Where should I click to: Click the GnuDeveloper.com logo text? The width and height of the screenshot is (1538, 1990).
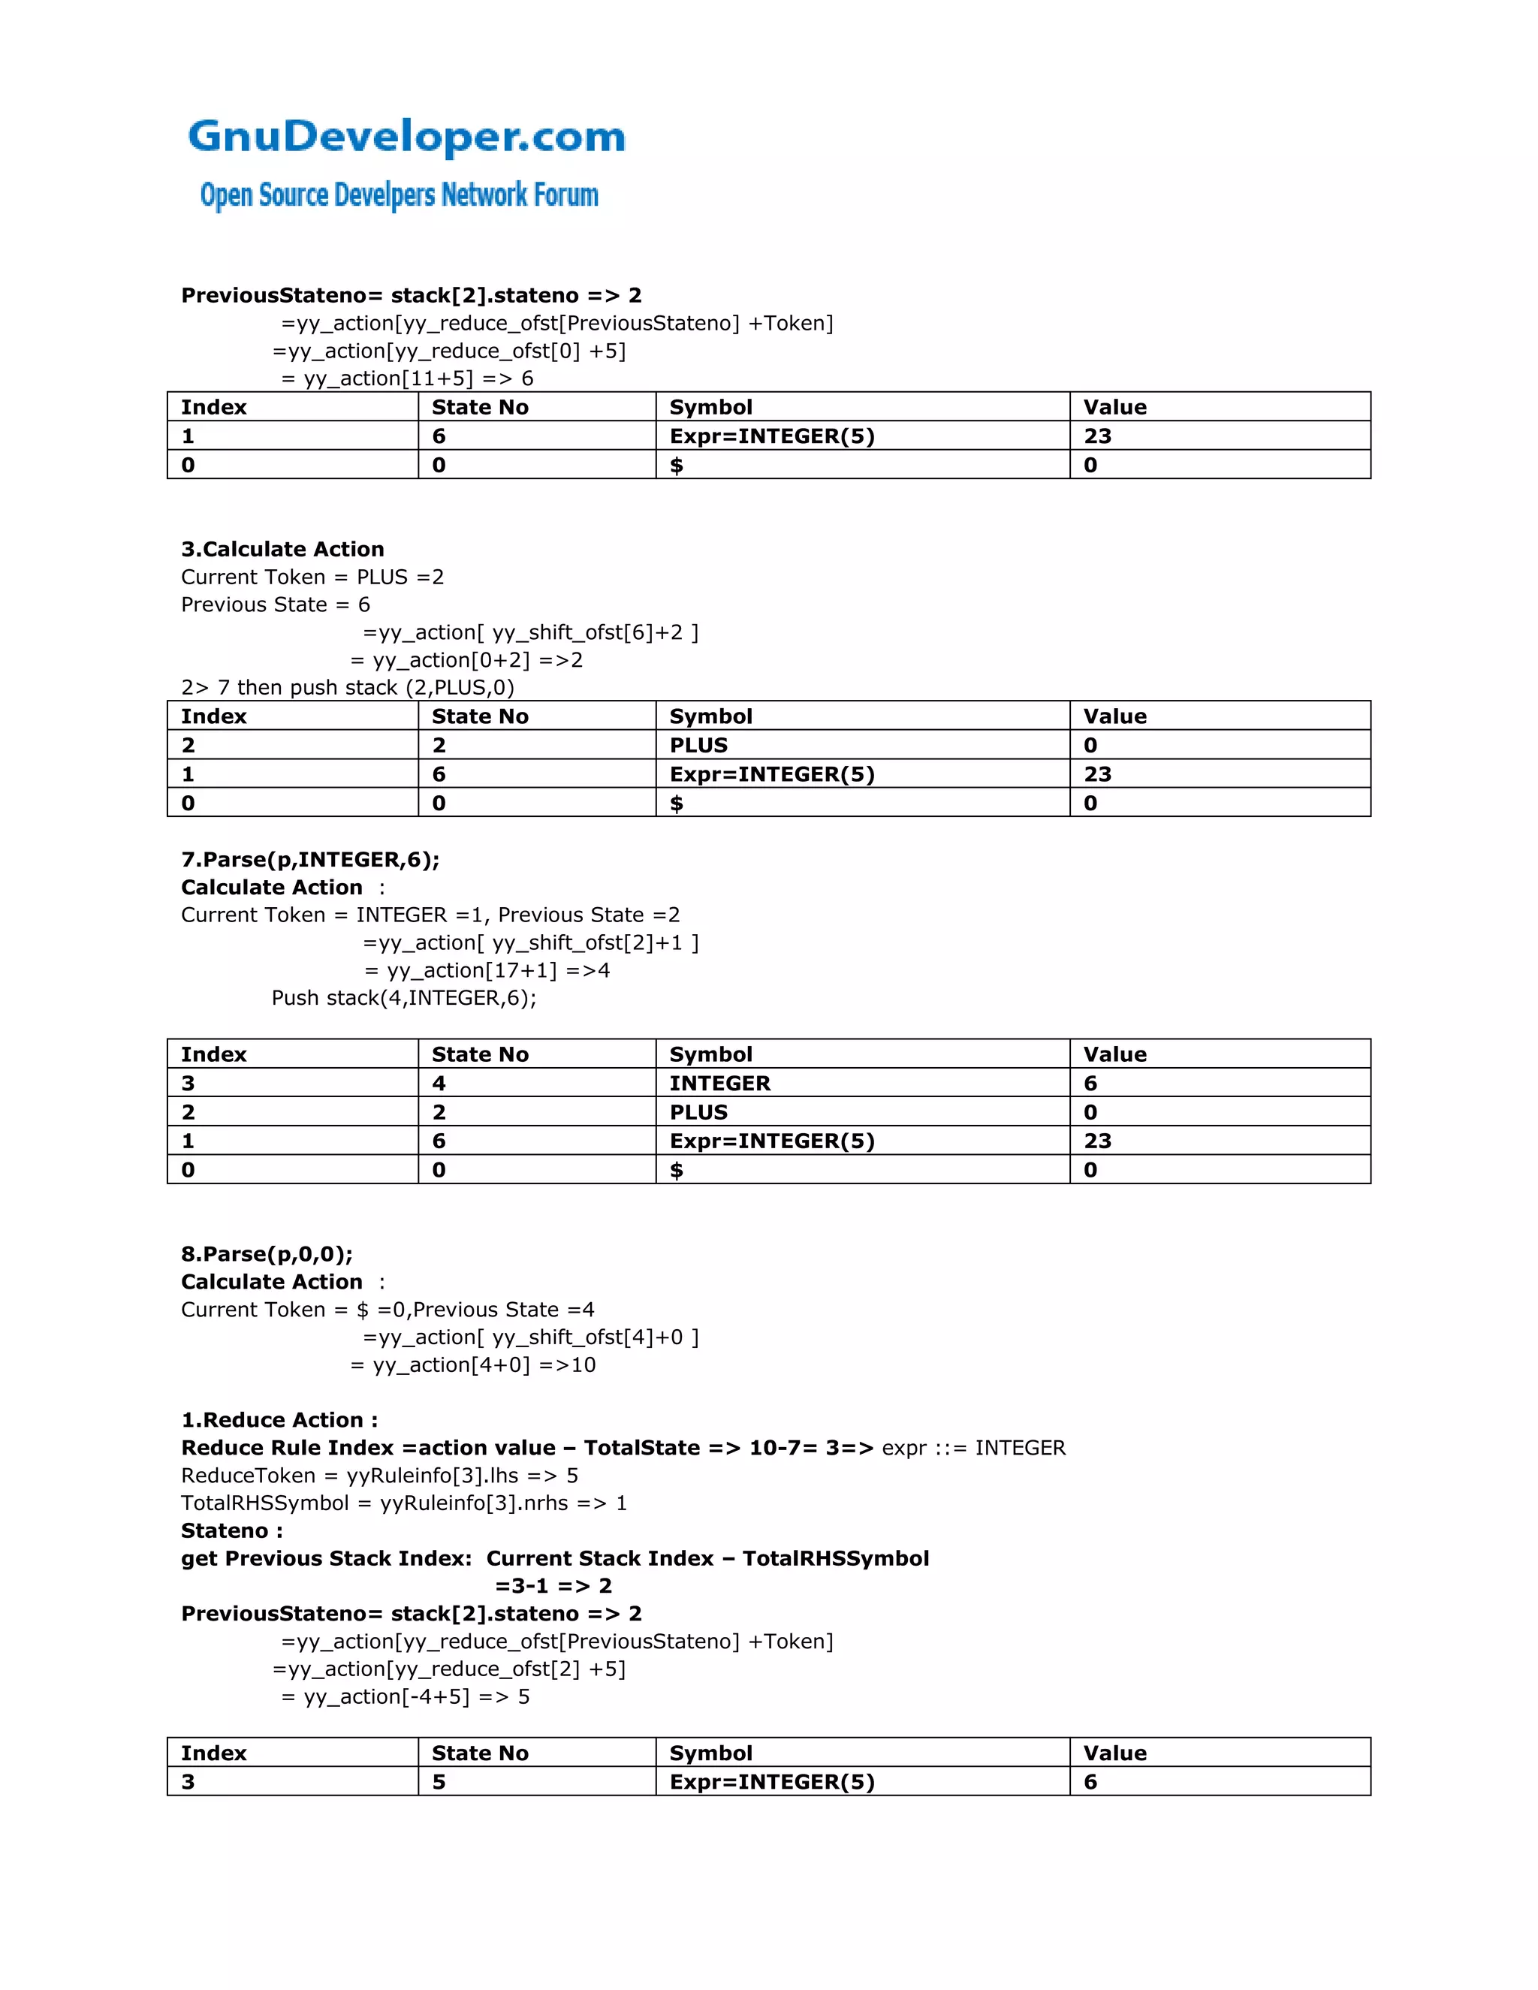coord(406,137)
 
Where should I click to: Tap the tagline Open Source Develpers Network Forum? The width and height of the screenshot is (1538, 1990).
coord(399,195)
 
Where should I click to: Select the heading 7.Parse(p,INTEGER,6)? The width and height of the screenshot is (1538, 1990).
coord(310,860)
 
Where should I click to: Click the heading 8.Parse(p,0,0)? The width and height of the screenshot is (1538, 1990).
coord(266,1255)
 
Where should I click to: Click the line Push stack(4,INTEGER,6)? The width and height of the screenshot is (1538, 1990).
coord(403,999)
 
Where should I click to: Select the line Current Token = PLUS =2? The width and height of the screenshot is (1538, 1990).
coord(312,577)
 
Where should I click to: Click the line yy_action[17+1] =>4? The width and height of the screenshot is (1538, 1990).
coord(487,970)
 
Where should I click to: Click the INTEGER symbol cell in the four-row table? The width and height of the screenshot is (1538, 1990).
coord(719,1084)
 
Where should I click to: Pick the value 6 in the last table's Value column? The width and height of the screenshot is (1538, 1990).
coord(1090,1782)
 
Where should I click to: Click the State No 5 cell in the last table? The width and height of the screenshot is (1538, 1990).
coord(439,1782)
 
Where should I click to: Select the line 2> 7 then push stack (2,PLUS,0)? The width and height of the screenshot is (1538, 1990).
coord(347,688)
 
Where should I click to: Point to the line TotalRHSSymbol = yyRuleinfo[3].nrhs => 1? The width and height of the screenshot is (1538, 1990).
coord(403,1503)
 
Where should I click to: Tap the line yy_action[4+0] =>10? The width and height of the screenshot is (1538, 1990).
coord(473,1366)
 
